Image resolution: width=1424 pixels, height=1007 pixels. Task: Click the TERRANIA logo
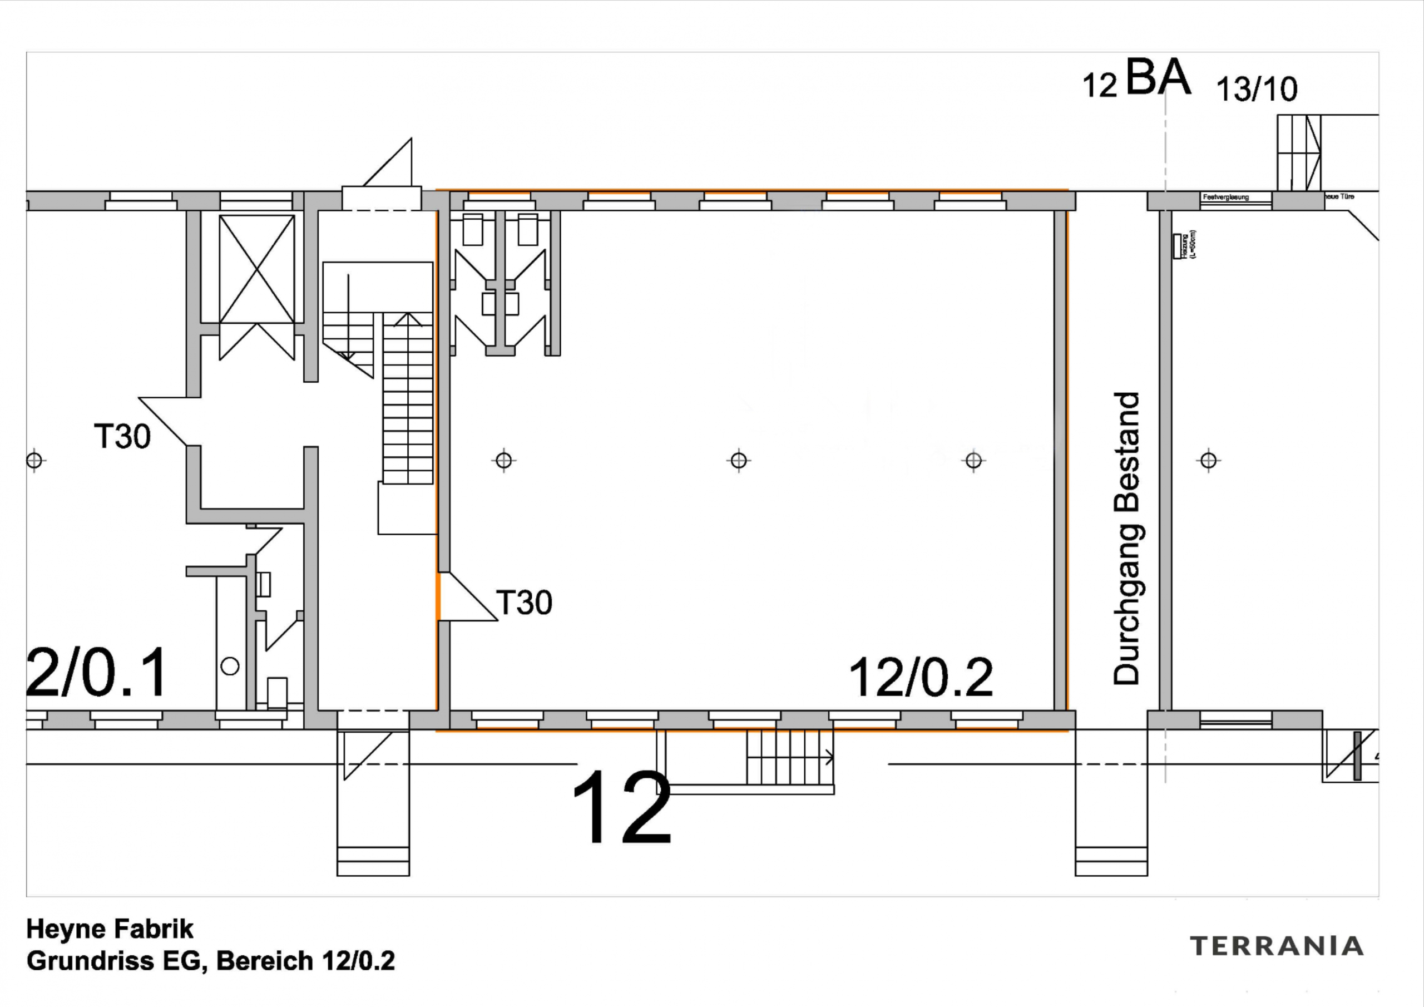[1277, 946]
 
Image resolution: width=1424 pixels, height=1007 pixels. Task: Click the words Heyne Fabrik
[110, 929]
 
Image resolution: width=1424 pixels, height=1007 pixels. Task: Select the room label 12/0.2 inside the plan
[921, 678]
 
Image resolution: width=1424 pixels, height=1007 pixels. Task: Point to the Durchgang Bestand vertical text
[1127, 539]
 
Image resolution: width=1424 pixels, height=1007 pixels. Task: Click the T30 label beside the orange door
[524, 603]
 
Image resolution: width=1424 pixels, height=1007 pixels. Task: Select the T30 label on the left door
[122, 436]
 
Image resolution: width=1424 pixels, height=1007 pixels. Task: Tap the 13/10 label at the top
[1257, 90]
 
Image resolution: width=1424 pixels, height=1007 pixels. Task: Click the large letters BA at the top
[1158, 77]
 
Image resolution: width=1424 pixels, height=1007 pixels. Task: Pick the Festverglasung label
[1225, 198]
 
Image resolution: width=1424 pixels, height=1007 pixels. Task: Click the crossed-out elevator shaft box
[257, 268]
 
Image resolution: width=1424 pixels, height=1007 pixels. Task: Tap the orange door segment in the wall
[438, 596]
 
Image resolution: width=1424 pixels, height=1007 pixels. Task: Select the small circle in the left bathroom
[230, 667]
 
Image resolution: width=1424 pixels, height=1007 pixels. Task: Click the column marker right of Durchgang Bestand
[1208, 460]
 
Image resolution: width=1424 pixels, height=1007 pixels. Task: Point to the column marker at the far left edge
[34, 460]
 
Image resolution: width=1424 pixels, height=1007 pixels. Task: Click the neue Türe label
[1339, 197]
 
